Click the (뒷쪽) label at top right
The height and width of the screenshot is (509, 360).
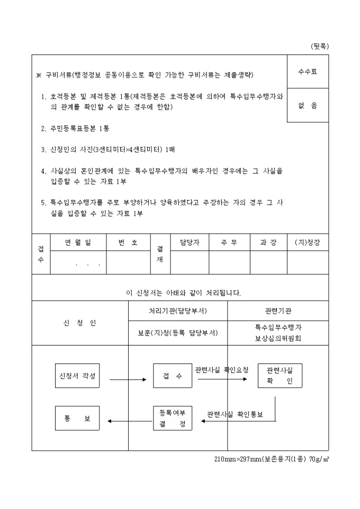tap(320, 46)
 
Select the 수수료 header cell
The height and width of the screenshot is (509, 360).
tap(308, 72)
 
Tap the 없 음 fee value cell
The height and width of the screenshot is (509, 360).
tap(308, 105)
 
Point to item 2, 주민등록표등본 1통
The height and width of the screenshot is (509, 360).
tap(75, 129)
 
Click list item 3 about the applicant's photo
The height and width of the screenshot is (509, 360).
tap(108, 150)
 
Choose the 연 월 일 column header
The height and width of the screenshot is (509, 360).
tap(78, 242)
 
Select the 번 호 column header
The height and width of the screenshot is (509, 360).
tap(128, 242)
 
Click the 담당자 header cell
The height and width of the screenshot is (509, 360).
tap(189, 242)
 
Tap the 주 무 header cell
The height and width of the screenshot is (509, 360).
tap(229, 242)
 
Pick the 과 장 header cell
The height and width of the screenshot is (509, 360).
tap(268, 242)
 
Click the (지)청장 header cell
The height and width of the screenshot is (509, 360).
tap(308, 242)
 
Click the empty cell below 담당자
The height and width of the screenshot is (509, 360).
tap(189, 262)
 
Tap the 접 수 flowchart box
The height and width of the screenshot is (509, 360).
tap(173, 376)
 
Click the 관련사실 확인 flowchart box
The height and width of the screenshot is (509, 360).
tap(280, 376)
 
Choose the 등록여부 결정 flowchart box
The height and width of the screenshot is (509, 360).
tap(173, 418)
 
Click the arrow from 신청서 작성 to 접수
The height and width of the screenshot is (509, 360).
tap(128, 379)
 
